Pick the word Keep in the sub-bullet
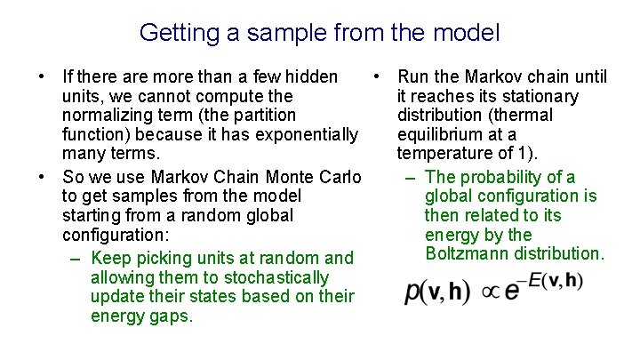point(110,258)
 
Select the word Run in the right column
point(413,76)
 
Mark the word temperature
point(447,155)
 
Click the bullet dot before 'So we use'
point(42,175)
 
